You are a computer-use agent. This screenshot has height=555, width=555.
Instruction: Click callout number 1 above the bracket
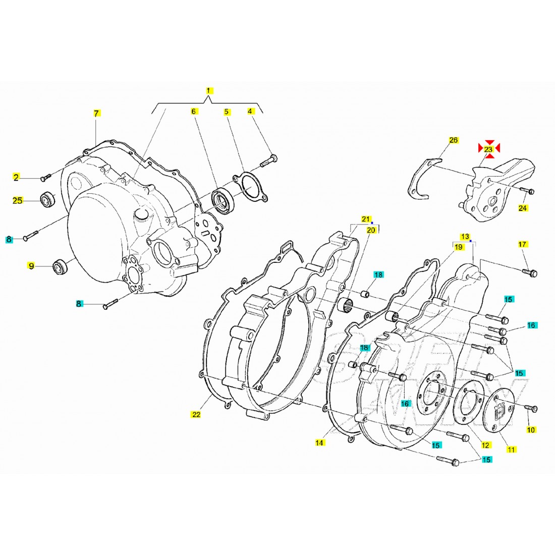(x=209, y=91)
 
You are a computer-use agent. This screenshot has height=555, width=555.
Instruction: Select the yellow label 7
(x=96, y=114)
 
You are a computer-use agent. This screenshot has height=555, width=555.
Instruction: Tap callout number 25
(x=18, y=201)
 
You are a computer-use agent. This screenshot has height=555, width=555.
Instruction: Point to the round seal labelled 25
(x=48, y=200)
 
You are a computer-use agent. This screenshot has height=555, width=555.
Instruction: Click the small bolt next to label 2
(x=46, y=177)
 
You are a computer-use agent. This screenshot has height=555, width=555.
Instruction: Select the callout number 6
(x=194, y=112)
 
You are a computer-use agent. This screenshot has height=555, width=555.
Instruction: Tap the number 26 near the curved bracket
(x=453, y=140)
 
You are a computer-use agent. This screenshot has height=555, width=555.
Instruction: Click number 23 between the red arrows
(x=488, y=149)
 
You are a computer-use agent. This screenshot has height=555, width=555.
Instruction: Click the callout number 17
(x=523, y=245)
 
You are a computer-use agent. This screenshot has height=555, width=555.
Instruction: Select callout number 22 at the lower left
(x=196, y=415)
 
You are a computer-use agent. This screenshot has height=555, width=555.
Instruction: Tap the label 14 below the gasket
(x=320, y=443)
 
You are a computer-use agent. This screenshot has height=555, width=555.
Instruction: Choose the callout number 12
(x=485, y=445)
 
